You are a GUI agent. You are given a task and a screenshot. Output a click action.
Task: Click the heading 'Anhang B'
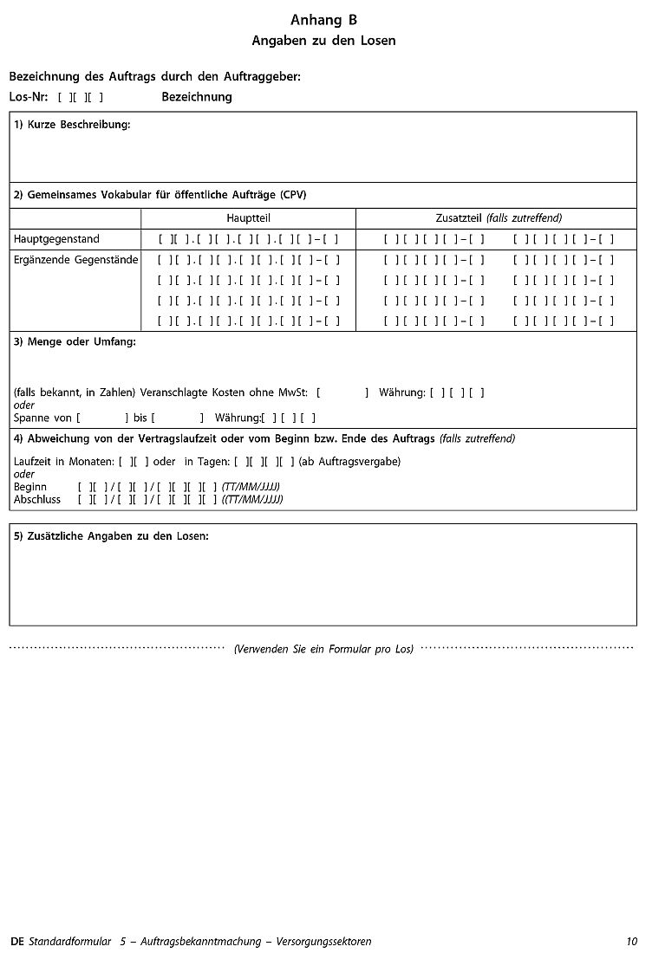coord(323,20)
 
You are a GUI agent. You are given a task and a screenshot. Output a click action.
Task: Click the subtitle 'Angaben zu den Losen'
coord(323,41)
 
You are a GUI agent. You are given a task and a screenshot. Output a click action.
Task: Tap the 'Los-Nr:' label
coord(29,97)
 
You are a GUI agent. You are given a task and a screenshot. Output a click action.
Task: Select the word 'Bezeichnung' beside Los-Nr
coord(197,97)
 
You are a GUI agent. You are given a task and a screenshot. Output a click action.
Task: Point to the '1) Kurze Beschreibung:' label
coord(72,125)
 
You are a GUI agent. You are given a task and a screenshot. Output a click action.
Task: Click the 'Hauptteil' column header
coord(248,218)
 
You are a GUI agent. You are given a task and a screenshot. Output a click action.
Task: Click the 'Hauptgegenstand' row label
coord(56,239)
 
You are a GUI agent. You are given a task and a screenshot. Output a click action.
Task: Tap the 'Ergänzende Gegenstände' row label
coord(75,260)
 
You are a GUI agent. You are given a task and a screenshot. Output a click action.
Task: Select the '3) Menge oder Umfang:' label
coord(75,342)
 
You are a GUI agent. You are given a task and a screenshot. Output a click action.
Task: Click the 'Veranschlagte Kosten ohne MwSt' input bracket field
coord(342,392)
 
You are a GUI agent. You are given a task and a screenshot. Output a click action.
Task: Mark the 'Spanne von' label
coord(42,418)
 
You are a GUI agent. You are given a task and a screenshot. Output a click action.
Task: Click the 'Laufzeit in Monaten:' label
coord(64,462)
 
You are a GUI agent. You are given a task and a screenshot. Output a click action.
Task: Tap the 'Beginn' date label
coord(30,487)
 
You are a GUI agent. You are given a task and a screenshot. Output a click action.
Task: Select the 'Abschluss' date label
coord(37,500)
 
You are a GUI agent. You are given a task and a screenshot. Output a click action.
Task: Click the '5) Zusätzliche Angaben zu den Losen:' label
coord(111,536)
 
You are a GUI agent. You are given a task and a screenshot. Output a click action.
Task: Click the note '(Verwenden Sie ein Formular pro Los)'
coord(323,649)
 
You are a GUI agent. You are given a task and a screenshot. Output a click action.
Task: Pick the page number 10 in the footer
coord(631,941)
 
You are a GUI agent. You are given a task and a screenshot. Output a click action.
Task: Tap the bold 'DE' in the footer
coord(18,941)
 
